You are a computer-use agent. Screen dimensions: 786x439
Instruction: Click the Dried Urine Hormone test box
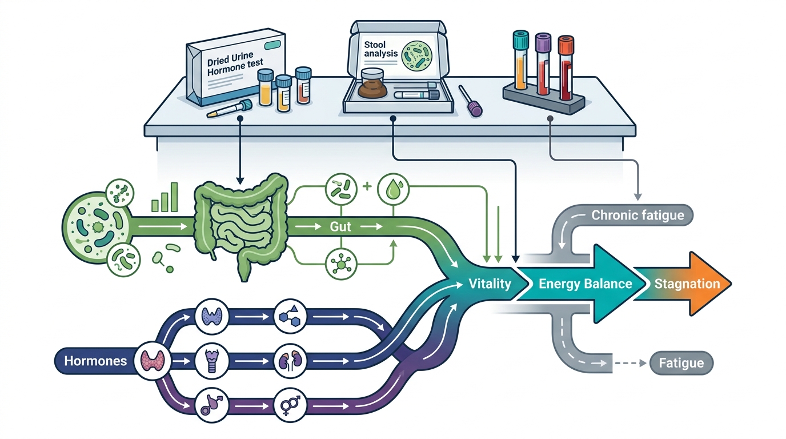pos(236,67)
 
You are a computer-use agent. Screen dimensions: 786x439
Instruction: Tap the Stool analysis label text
pos(380,49)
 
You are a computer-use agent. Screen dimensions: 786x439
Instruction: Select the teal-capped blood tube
pos(520,59)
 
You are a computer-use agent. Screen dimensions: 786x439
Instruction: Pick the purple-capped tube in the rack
pos(543,64)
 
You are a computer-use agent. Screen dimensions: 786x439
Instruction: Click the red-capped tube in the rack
pos(566,67)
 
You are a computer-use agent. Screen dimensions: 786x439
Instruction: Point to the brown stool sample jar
pos(372,83)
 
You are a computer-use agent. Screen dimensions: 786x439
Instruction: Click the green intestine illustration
pos(242,225)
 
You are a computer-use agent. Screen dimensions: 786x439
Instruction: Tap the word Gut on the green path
pos(340,227)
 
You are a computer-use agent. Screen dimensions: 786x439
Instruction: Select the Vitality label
pos(490,284)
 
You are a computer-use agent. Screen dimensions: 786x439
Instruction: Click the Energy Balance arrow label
pos(586,284)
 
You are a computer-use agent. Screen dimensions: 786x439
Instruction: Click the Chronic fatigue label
pos(637,215)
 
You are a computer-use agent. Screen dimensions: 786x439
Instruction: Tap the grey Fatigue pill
pos(681,363)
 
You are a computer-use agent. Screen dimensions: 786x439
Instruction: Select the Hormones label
pos(95,361)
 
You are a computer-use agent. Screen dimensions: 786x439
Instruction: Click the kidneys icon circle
pos(290,361)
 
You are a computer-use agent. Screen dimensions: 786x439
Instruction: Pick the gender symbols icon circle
pos(290,406)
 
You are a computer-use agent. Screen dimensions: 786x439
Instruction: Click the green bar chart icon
pos(165,197)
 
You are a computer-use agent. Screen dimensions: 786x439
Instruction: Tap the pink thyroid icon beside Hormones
pos(153,361)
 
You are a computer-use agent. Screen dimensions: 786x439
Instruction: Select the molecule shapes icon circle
pos(290,316)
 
